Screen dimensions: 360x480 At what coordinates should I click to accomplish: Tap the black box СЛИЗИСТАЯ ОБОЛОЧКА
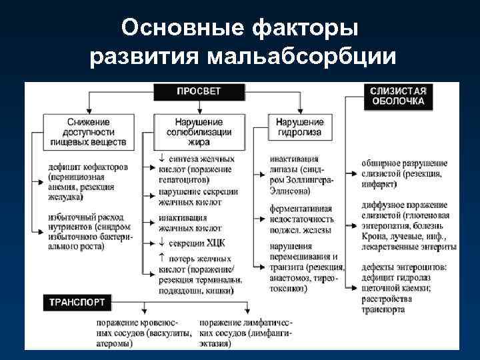point(397,96)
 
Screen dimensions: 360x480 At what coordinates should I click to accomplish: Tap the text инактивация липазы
point(294,165)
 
